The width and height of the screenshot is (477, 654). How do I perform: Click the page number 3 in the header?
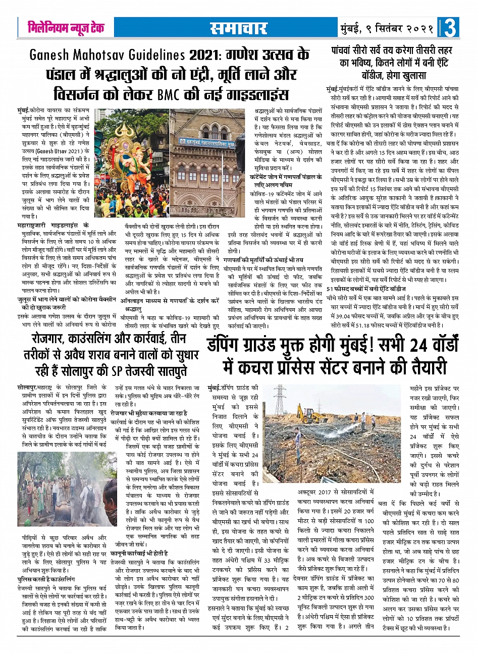(x=450, y=28)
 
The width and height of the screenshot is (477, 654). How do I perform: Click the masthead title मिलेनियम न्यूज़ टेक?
(x=66, y=28)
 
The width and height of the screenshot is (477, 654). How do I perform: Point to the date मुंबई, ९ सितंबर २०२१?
(x=386, y=28)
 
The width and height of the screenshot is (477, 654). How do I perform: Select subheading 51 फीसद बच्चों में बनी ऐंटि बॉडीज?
(x=365, y=288)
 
